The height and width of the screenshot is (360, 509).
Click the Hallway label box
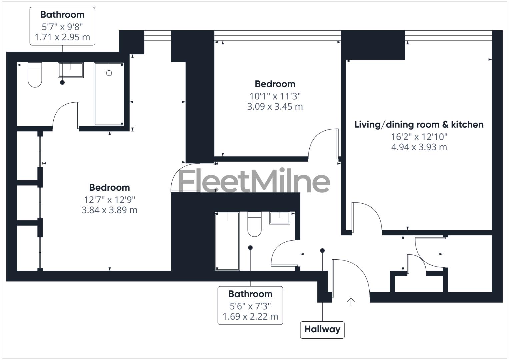click(322, 329)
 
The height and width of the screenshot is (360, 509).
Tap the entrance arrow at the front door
click(351, 301)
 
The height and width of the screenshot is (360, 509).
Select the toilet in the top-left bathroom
click(35, 75)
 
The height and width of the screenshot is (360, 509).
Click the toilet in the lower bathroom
click(254, 224)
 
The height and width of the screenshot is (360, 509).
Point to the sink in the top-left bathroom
click(71, 70)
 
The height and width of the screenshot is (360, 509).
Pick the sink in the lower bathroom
click(280, 218)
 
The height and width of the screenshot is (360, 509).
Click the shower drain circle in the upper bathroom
click(109, 73)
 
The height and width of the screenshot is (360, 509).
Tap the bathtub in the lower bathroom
click(227, 241)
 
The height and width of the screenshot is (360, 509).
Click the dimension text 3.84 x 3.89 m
click(109, 210)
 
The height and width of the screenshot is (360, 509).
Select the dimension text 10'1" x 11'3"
click(275, 96)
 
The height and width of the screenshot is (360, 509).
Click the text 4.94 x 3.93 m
click(419, 147)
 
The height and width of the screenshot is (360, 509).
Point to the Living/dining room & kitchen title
click(419, 125)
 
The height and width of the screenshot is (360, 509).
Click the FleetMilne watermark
click(254, 181)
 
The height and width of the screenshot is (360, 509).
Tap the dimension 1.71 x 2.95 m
click(62, 37)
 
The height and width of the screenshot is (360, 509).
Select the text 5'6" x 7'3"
click(250, 306)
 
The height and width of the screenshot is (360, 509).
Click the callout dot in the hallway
click(322, 251)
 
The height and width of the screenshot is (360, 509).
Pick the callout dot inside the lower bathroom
click(250, 248)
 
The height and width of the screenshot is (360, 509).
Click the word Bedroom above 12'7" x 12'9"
click(109, 187)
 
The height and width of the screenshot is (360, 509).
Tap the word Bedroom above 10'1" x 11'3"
click(275, 84)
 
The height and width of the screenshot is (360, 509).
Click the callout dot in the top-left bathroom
click(62, 82)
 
